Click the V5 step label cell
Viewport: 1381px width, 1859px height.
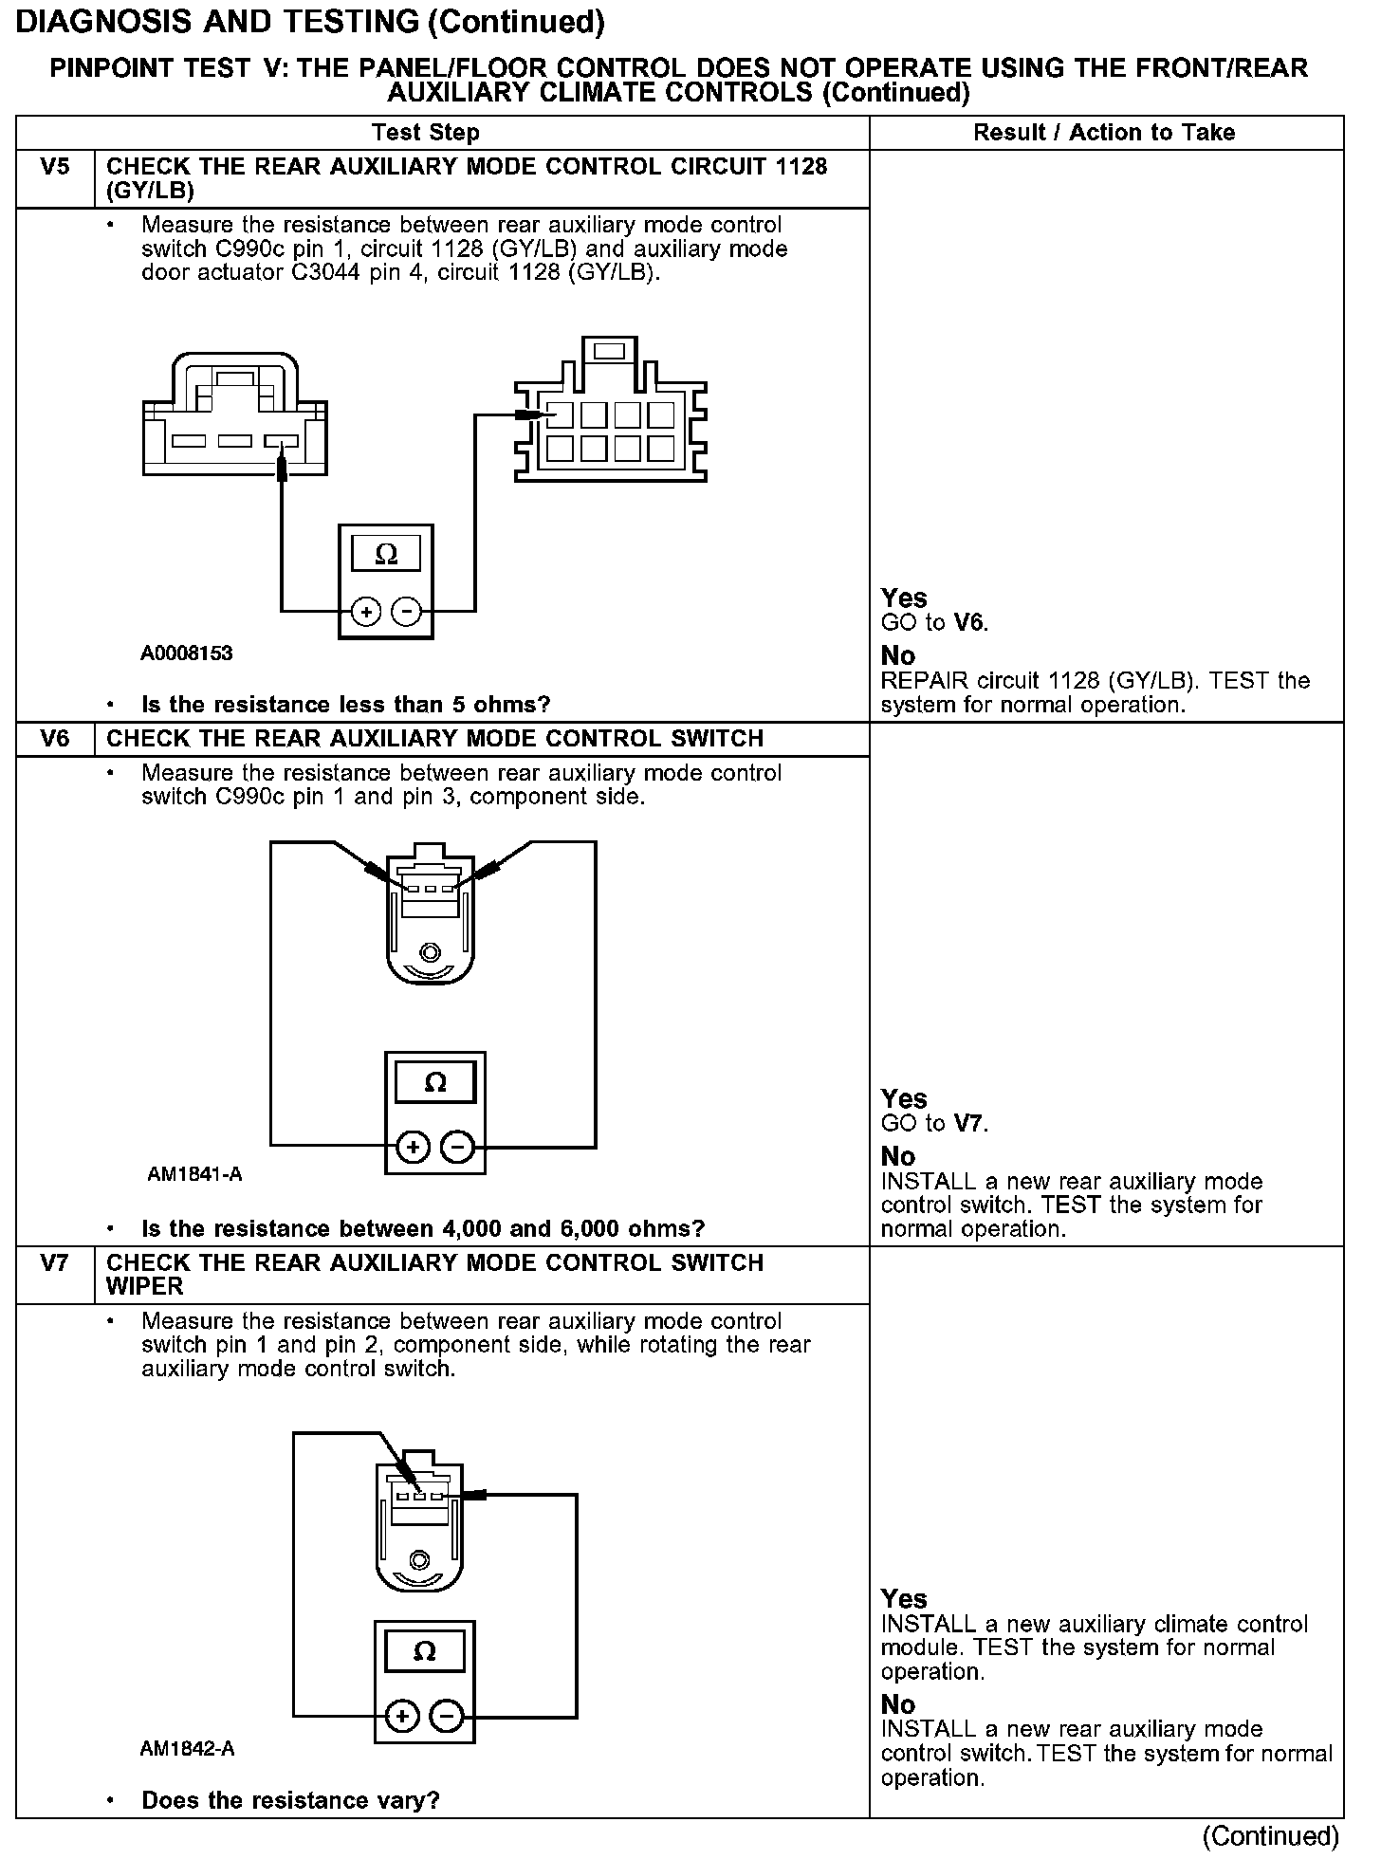[56, 168]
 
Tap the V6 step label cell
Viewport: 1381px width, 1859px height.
[56, 739]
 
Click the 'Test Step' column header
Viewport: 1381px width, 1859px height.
[426, 133]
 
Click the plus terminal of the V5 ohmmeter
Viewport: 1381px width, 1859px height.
[365, 612]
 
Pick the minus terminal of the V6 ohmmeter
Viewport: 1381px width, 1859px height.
[458, 1148]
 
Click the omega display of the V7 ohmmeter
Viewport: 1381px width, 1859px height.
[425, 1652]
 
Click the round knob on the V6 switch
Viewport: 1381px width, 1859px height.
[431, 950]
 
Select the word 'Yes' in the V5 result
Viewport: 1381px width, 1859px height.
[904, 598]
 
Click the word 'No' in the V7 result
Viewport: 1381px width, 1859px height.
[898, 1704]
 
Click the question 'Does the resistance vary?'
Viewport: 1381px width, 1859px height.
[290, 1800]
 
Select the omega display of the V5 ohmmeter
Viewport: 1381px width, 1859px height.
[386, 553]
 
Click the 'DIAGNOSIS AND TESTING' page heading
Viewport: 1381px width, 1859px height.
[310, 22]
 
